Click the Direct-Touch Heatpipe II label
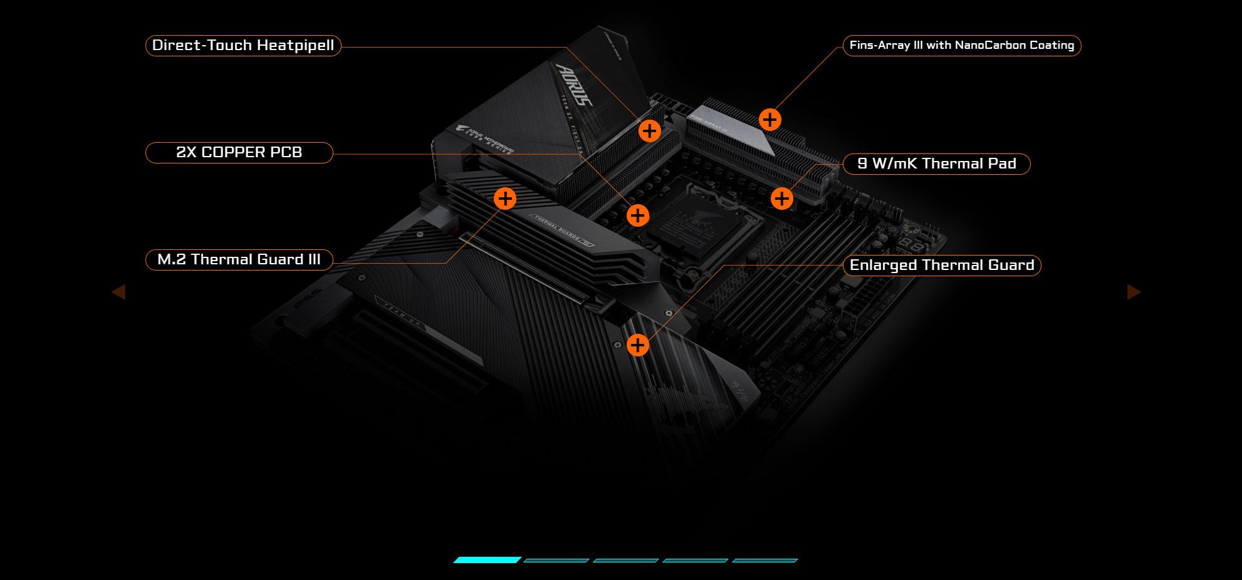pyautogui.click(x=243, y=46)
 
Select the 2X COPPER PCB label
pyautogui.click(x=239, y=152)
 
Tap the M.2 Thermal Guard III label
pyautogui.click(x=239, y=259)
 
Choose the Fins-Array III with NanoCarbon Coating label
pyautogui.click(x=961, y=45)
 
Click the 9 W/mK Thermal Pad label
pyautogui.click(x=936, y=163)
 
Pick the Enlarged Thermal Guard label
pyautogui.click(x=941, y=265)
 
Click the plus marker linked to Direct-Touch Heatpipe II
pyautogui.click(x=650, y=131)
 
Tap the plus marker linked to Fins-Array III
pyautogui.click(x=770, y=119)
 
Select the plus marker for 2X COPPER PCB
pyautogui.click(x=637, y=215)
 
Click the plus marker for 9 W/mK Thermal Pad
pyautogui.click(x=781, y=199)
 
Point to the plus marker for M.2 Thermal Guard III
pyautogui.click(x=505, y=199)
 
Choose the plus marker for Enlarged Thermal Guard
pyautogui.click(x=637, y=344)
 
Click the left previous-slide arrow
pyautogui.click(x=118, y=292)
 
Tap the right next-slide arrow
pyautogui.click(x=1134, y=292)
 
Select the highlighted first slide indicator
pyautogui.click(x=487, y=560)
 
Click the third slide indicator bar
pyautogui.click(x=625, y=560)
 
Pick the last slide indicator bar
pyautogui.click(x=765, y=560)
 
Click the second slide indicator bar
pyautogui.click(x=556, y=560)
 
